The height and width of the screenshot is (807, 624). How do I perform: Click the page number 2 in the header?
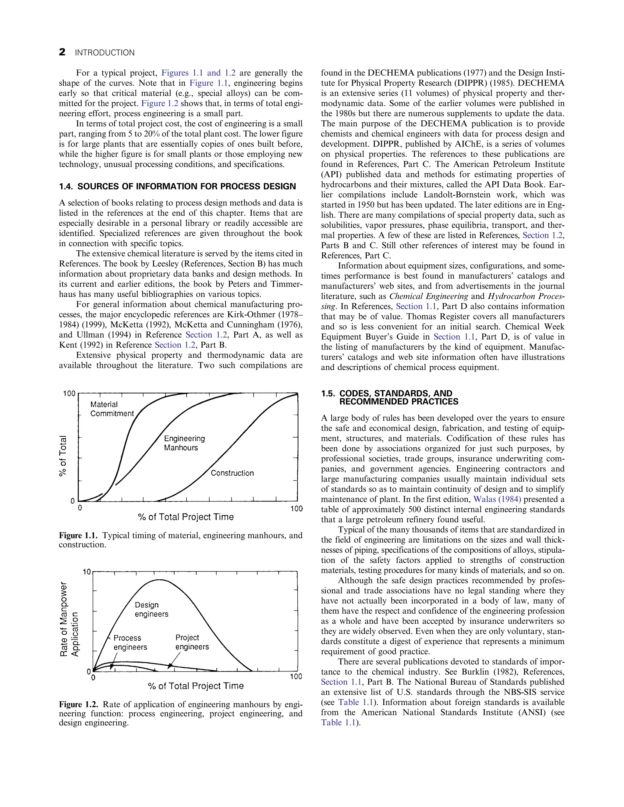[x=62, y=52]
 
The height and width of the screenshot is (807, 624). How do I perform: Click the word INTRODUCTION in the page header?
[x=105, y=53]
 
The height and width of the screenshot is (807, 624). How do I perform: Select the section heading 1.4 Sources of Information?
[x=177, y=186]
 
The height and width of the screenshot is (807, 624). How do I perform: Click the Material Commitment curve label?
[x=112, y=409]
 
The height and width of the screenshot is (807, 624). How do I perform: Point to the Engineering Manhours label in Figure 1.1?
[x=184, y=443]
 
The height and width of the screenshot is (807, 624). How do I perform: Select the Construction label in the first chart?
[x=232, y=473]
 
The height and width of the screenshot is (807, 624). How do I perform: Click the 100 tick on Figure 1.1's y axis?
[x=69, y=394]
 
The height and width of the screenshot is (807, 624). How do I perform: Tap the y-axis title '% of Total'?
[x=64, y=456]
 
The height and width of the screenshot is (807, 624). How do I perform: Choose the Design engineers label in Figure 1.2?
[x=151, y=610]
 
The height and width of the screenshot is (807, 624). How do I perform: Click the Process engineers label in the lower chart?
[x=130, y=643]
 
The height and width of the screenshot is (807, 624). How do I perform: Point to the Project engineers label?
[x=192, y=642]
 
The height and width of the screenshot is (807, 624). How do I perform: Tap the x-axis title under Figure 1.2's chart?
[x=196, y=686]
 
